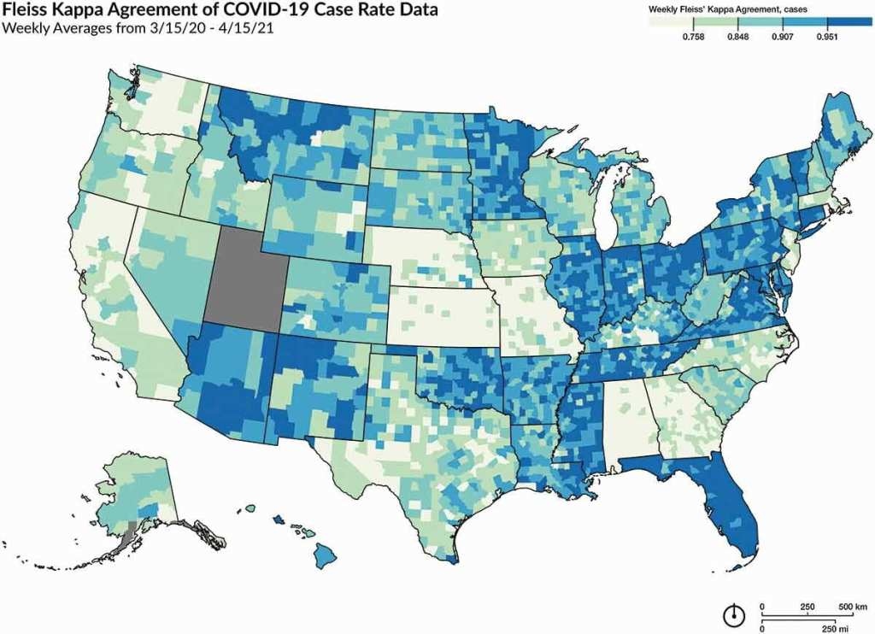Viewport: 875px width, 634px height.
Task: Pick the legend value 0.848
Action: point(737,37)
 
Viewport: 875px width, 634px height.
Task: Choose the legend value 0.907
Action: point(782,37)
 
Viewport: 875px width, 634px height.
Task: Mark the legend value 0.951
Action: point(826,37)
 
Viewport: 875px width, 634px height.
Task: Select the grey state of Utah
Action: point(248,278)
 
